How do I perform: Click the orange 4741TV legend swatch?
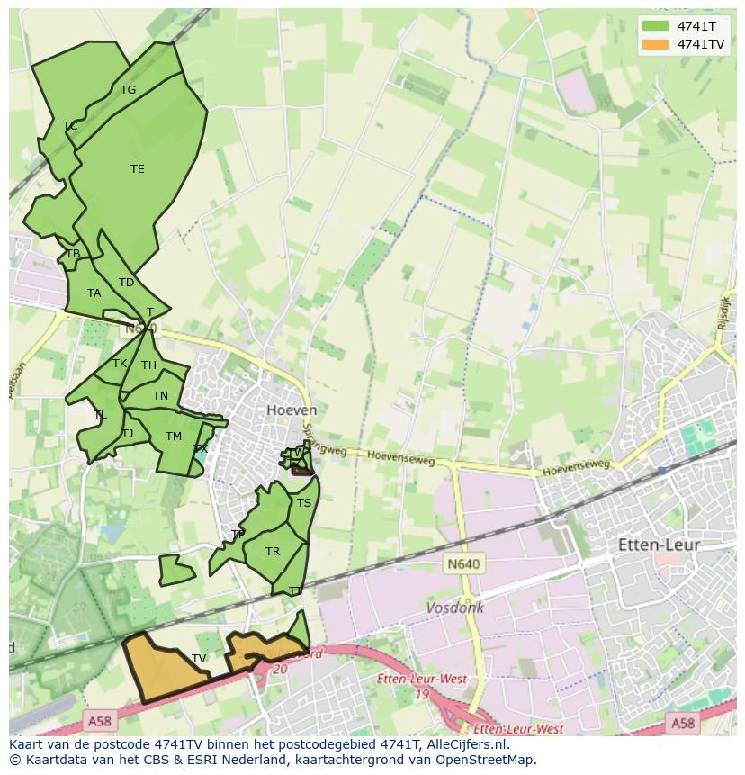tap(656, 44)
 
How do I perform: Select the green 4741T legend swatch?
tap(656, 26)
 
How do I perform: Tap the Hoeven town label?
tap(292, 410)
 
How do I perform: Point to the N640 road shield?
tap(463, 564)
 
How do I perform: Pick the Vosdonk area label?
tap(454, 608)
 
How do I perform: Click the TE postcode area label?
tap(137, 169)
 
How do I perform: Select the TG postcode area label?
tap(128, 90)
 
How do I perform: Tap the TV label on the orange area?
tap(199, 659)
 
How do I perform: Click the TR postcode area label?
tap(273, 552)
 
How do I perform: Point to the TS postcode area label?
tap(304, 503)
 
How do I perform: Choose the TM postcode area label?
tap(174, 437)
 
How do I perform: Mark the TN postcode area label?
tap(160, 396)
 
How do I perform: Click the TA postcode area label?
tap(94, 293)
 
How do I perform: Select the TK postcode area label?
tap(120, 364)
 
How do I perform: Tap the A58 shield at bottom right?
tap(682, 722)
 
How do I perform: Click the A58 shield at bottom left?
tap(99, 721)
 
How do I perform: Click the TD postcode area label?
tap(126, 283)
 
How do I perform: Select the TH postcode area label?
tap(148, 365)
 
